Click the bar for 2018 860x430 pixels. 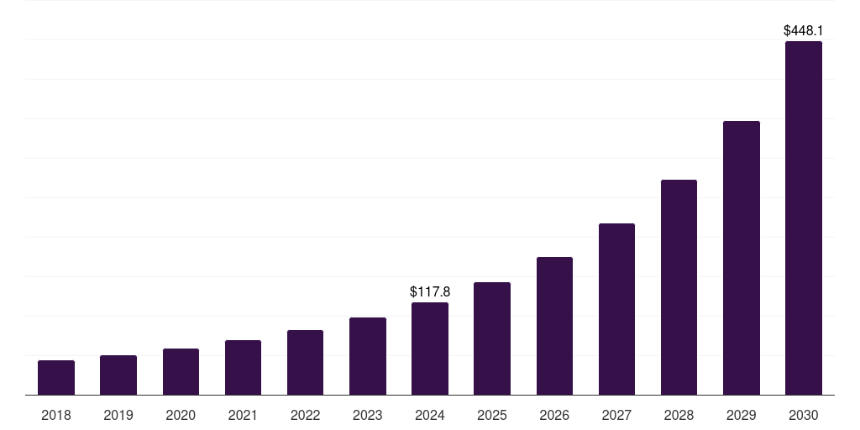pyautogui.click(x=56, y=378)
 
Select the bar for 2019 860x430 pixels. pyautogui.click(x=118, y=375)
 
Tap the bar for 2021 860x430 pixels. pyautogui.click(x=243, y=368)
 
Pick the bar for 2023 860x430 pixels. pyautogui.click(x=368, y=356)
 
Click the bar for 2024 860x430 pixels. pyautogui.click(x=430, y=349)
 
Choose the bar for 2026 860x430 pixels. pyautogui.click(x=554, y=326)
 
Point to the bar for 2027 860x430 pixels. pyautogui.click(x=616, y=309)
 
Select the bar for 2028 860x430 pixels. pyautogui.click(x=679, y=287)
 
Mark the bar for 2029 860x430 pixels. pyautogui.click(x=742, y=258)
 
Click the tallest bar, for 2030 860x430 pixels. pyautogui.click(x=804, y=218)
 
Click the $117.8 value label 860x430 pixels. pyautogui.click(x=430, y=292)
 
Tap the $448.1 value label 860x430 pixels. pyautogui.click(x=804, y=31)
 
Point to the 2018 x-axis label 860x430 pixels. pyautogui.click(x=56, y=415)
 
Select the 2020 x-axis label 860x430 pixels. pyautogui.click(x=181, y=415)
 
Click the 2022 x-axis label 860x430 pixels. pyautogui.click(x=306, y=415)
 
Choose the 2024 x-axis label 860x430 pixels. pyautogui.click(x=430, y=415)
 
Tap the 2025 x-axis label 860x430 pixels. pyautogui.click(x=492, y=415)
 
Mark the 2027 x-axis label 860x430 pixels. pyautogui.click(x=616, y=415)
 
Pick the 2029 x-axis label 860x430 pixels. pyautogui.click(x=742, y=415)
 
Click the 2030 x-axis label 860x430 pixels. pyautogui.click(x=804, y=415)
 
